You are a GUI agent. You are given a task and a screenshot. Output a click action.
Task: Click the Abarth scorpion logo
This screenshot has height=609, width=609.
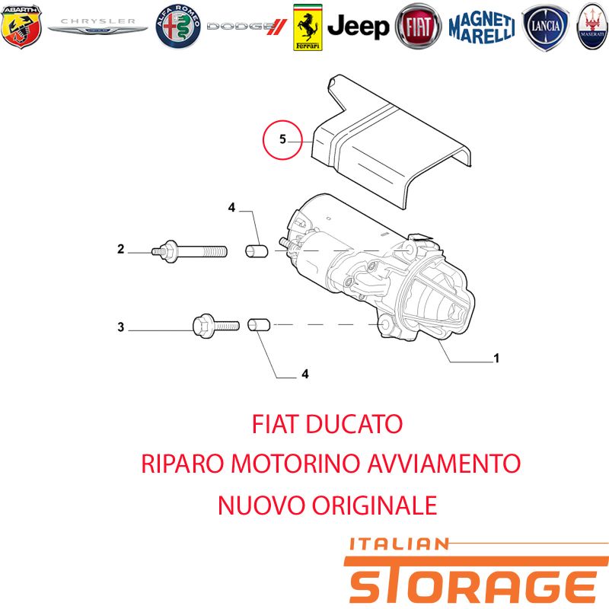tap(21, 27)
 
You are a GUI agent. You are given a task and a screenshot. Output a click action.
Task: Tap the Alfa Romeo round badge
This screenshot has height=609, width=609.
tap(178, 27)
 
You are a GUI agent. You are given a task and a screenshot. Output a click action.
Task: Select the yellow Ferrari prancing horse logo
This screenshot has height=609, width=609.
tap(308, 27)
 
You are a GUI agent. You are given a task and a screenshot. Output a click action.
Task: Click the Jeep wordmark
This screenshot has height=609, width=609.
tap(358, 27)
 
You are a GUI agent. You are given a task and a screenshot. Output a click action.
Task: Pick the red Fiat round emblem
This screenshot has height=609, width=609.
tap(418, 27)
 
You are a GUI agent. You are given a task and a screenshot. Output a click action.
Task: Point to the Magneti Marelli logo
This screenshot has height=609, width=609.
tap(482, 27)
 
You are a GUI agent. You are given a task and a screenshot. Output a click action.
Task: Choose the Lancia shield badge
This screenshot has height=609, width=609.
tap(546, 27)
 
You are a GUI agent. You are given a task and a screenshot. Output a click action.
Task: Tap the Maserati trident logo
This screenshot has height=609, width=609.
tap(593, 27)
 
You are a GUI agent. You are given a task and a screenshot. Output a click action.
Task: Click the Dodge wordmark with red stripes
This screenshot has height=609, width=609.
tap(247, 27)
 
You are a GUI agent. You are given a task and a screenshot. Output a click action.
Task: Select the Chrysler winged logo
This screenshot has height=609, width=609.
tap(98, 26)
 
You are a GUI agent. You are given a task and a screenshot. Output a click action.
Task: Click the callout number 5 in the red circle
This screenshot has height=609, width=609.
tap(282, 139)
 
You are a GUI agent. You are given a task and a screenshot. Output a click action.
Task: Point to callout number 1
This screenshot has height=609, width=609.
tap(496, 358)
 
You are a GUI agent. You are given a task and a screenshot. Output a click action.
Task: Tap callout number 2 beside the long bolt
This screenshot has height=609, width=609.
tap(121, 249)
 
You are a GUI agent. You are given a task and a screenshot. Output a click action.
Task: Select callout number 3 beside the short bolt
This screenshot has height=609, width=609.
tap(121, 327)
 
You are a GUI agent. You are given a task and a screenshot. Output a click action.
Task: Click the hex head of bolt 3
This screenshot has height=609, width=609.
tap(203, 326)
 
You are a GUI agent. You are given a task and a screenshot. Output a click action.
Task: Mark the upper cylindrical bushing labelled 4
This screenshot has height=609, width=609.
tap(257, 251)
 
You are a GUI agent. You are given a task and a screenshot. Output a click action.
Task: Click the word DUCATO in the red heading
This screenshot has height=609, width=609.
tap(354, 424)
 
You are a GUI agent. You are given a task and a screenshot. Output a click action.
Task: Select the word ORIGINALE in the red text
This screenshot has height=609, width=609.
tap(375, 505)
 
